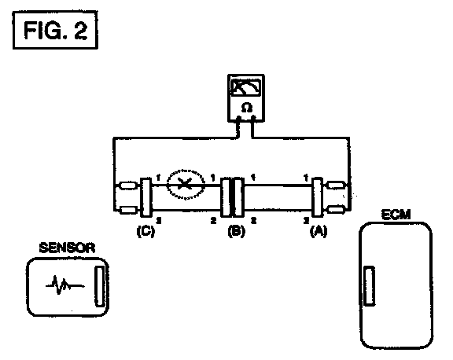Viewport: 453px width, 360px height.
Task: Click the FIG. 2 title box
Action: point(55,30)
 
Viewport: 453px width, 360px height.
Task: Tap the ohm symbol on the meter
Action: point(246,108)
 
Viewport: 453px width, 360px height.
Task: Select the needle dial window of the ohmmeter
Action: point(246,87)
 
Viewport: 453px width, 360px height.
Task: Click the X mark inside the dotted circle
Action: point(184,184)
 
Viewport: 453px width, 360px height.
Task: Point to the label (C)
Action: point(145,231)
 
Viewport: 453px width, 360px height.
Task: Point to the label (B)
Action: point(236,231)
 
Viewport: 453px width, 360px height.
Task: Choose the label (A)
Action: point(319,231)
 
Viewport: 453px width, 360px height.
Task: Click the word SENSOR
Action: point(67,248)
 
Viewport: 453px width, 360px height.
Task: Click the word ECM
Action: point(396,215)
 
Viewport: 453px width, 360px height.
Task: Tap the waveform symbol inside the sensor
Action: point(64,285)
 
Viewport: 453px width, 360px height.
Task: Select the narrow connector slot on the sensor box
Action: point(99,286)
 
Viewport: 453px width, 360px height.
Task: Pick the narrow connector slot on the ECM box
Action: point(369,285)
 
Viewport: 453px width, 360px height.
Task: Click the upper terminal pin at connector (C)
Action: point(127,186)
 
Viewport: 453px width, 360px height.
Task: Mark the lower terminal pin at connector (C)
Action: point(127,210)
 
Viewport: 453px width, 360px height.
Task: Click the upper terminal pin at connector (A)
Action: point(336,185)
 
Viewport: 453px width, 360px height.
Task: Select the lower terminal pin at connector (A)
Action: point(336,210)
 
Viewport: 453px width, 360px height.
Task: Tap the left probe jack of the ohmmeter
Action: point(238,119)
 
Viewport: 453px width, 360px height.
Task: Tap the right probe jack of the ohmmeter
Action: point(253,119)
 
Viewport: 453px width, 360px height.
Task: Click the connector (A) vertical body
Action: point(318,197)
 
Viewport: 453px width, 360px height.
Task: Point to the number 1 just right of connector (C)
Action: point(158,178)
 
